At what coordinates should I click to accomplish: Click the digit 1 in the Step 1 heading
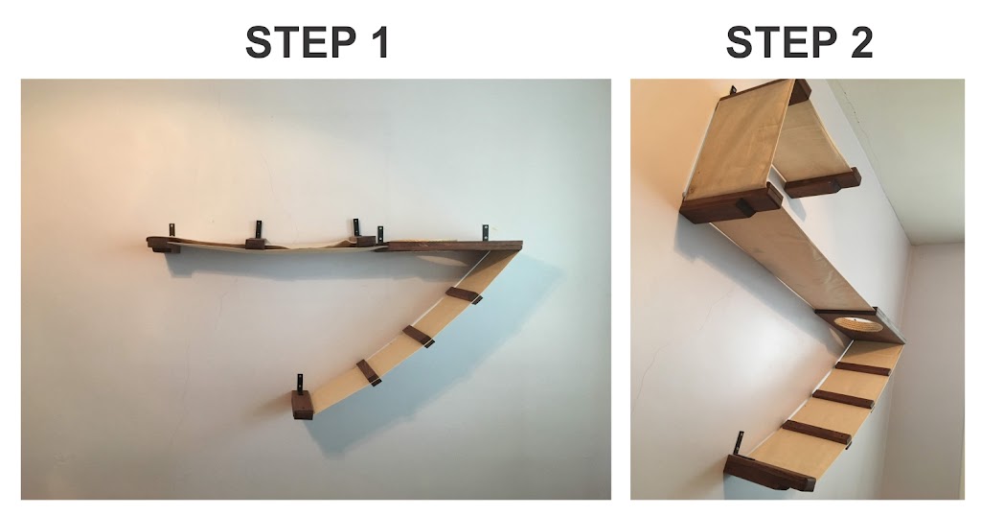pyautogui.click(x=377, y=42)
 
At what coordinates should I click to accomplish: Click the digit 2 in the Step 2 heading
pyautogui.click(x=861, y=42)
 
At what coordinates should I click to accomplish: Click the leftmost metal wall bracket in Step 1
pyautogui.click(x=171, y=230)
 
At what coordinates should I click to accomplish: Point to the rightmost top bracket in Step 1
pyautogui.click(x=484, y=233)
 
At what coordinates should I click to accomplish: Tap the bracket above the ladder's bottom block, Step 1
pyautogui.click(x=300, y=382)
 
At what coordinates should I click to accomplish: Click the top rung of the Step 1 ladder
pyautogui.click(x=464, y=295)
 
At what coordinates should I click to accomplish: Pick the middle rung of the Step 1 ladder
pyautogui.click(x=418, y=336)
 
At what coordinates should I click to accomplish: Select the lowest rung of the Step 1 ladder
pyautogui.click(x=369, y=372)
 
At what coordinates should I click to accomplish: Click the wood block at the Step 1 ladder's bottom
pyautogui.click(x=302, y=405)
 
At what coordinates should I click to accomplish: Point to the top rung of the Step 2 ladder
pyautogui.click(x=863, y=368)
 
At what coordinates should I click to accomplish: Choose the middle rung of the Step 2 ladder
pyautogui.click(x=843, y=399)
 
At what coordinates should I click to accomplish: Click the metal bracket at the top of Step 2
pyautogui.click(x=733, y=91)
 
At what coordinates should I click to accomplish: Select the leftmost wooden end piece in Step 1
pyautogui.click(x=162, y=245)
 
